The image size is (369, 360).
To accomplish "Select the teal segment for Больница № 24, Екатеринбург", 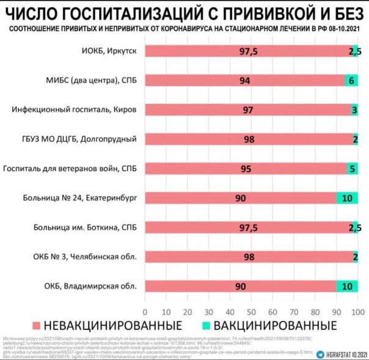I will coord(347,198).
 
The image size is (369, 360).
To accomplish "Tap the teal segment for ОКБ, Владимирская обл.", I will coord(347,286).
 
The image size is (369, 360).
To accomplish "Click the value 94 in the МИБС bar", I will coord(245,81).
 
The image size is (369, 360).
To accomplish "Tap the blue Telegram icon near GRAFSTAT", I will coord(321,353).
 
